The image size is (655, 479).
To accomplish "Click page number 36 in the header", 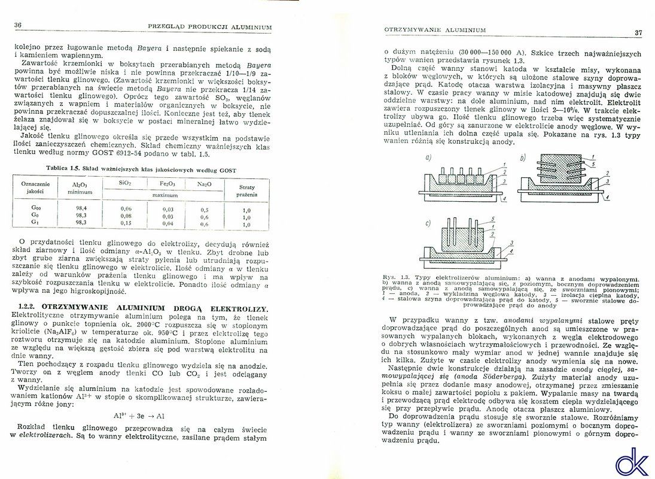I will [x=17, y=25].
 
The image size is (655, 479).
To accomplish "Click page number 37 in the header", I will [x=638, y=32].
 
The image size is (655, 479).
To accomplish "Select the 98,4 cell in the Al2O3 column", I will [x=81, y=208].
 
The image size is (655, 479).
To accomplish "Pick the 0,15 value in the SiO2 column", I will [x=126, y=223].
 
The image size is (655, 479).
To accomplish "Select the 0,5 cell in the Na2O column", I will [x=205, y=210].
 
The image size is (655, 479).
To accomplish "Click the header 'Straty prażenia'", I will [x=246, y=190].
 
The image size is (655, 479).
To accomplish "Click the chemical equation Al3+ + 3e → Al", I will [x=139, y=415].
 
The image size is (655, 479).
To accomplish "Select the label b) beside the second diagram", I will [x=522, y=158].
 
